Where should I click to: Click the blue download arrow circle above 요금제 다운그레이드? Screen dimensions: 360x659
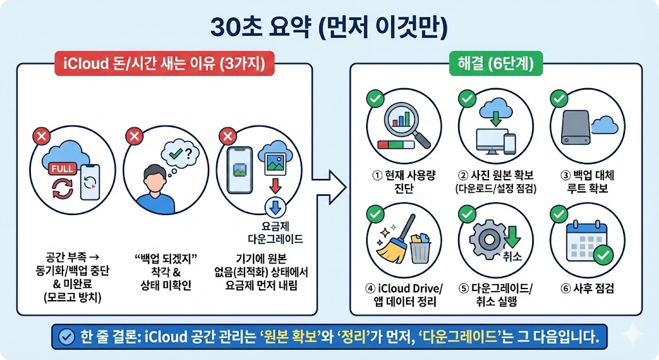tap(274, 208)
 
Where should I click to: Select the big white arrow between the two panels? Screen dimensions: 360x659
tap(329, 187)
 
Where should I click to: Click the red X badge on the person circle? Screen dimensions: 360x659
tap(135, 136)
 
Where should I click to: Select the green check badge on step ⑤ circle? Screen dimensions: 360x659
tap(467, 214)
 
